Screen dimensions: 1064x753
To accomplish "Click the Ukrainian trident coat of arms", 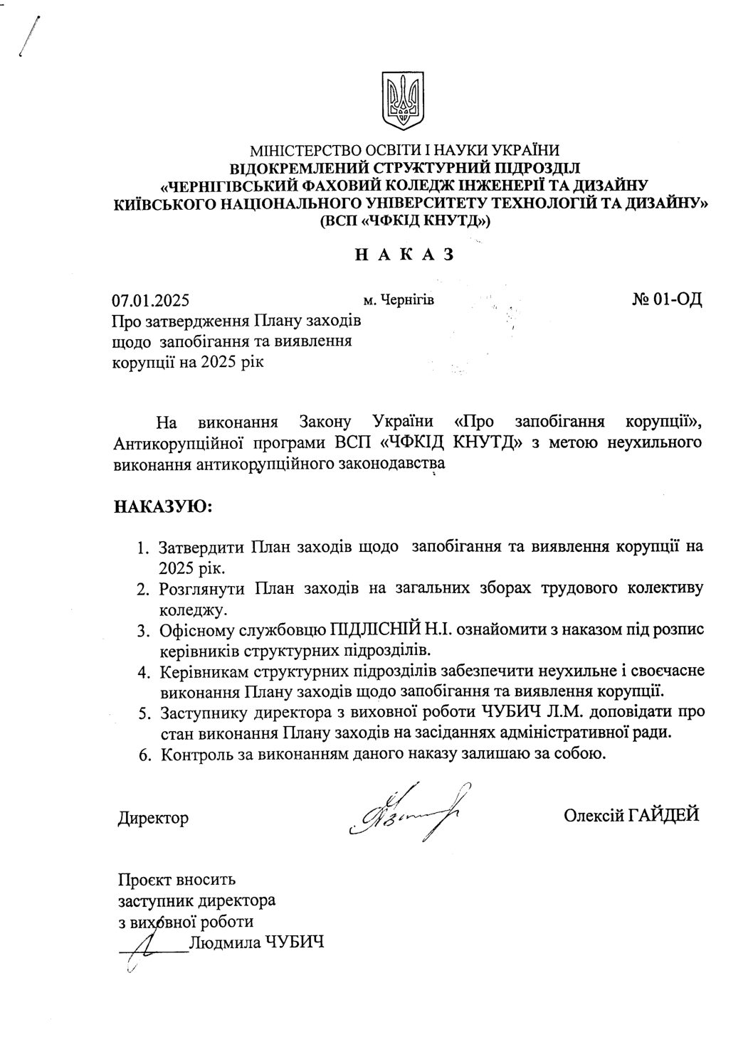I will [404, 101].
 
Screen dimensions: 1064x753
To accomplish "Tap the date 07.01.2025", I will [149, 300].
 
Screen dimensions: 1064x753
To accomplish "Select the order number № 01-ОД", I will [666, 299].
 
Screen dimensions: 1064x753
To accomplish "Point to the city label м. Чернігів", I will [399, 300].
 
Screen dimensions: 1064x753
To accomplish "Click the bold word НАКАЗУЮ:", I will [163, 508].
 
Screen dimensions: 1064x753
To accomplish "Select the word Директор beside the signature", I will [153, 818].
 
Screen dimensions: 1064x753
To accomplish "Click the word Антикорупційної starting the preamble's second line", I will [170, 444].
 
